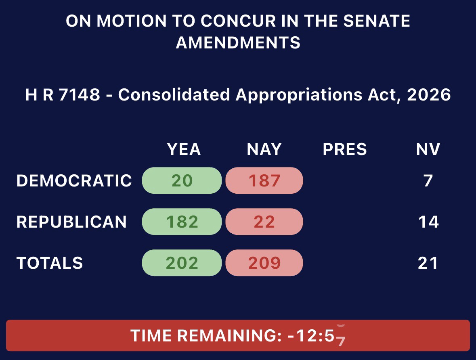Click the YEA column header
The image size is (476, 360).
184,149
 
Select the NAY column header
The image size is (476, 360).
264,149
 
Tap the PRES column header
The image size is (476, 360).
344,149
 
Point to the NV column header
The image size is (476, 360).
428,149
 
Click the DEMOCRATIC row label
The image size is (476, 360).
74,181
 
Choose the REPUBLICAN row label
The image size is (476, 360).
71,222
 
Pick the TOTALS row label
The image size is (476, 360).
50,263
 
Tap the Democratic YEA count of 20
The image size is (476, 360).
182,181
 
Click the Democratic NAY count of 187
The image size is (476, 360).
264,181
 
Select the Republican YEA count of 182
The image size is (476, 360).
182,222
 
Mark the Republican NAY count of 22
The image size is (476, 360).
264,222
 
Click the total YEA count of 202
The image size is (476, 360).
182,263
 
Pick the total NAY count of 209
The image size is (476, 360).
264,263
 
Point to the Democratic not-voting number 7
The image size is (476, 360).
428,181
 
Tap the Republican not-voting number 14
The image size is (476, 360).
428,222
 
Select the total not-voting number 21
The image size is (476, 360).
428,263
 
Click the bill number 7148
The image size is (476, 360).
79,94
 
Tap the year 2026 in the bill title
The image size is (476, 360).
429,94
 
